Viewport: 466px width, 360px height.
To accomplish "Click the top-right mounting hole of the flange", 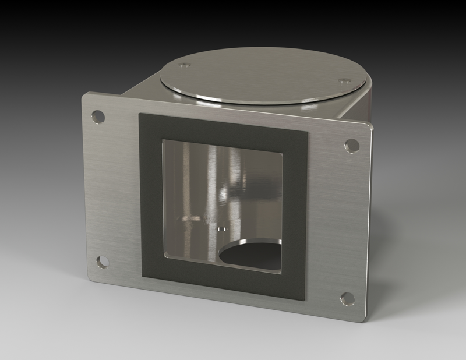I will (351, 145).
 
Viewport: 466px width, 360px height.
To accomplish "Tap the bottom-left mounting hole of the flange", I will (103, 262).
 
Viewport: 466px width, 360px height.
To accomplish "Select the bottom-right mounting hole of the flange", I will (347, 299).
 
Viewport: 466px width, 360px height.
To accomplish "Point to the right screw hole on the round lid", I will (344, 81).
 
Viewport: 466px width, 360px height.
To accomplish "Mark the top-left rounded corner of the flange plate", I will (85, 96).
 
